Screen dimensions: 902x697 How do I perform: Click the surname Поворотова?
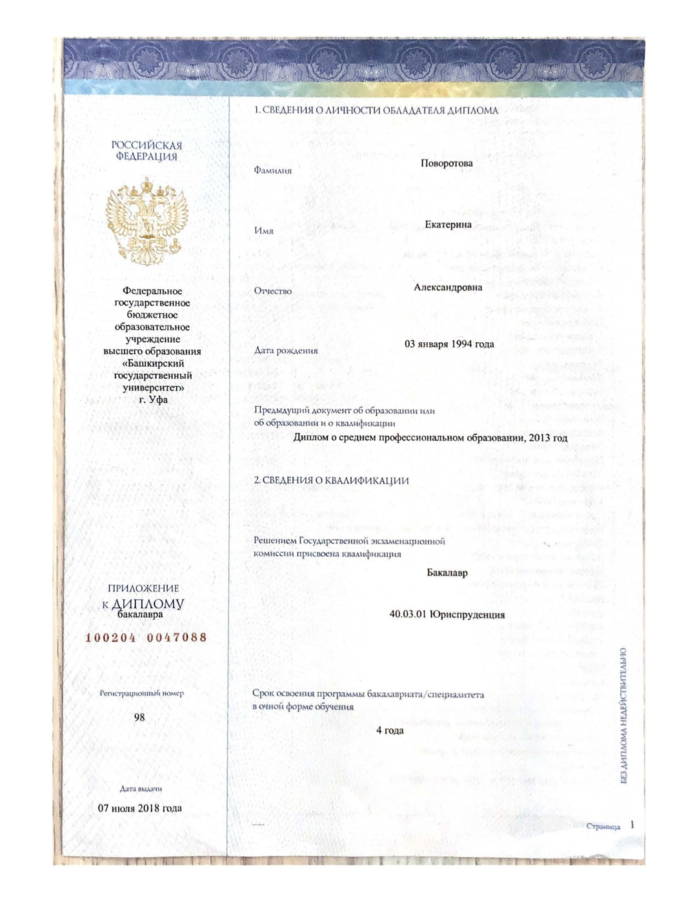(447, 163)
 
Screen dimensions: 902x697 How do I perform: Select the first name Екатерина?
(448, 225)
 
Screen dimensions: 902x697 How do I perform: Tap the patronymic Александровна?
(448, 287)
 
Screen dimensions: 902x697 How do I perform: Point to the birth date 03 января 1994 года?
(449, 344)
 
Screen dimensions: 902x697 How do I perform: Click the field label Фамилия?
(272, 170)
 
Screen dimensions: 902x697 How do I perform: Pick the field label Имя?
(263, 231)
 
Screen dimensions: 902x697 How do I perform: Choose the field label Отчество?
(272, 291)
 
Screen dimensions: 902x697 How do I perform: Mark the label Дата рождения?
(286, 351)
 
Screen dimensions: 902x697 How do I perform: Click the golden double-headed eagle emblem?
(146, 223)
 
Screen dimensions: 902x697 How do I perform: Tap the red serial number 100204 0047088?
(146, 638)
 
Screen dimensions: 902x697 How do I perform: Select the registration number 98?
(139, 717)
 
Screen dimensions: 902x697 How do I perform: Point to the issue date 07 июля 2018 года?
(140, 808)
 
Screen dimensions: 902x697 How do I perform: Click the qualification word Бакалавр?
(447, 573)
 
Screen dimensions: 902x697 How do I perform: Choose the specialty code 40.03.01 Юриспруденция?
(447, 615)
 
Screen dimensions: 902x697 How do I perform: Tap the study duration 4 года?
(390, 730)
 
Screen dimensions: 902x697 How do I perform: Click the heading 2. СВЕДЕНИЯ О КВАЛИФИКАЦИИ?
(331, 481)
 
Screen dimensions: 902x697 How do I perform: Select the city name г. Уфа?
(154, 400)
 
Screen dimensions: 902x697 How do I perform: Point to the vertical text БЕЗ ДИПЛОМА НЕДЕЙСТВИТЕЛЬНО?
(623, 715)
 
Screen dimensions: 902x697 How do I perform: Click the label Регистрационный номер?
(141, 693)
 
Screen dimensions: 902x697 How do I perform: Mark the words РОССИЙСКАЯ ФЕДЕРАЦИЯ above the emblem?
(146, 151)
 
